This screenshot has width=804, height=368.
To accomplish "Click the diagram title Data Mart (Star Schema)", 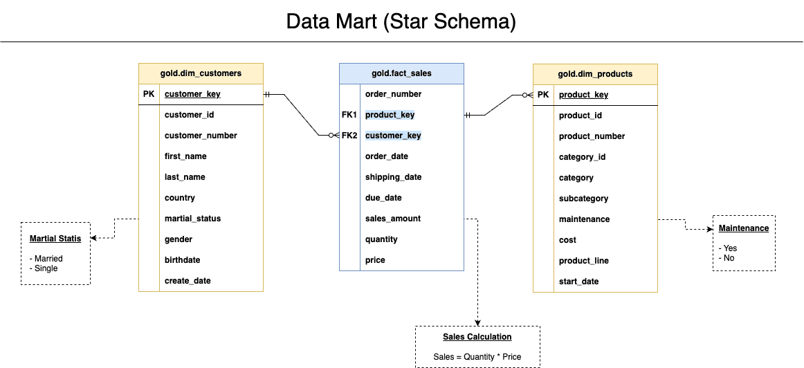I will pyautogui.click(x=401, y=21).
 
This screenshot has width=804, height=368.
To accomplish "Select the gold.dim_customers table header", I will pyautogui.click(x=201, y=73).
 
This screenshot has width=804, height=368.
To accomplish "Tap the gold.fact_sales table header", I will pyautogui.click(x=401, y=73).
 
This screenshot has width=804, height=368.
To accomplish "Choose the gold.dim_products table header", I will pyautogui.click(x=595, y=74).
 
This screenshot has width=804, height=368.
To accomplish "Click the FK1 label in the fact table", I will pyautogui.click(x=349, y=115).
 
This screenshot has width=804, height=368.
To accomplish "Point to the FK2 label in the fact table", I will pyautogui.click(x=349, y=136).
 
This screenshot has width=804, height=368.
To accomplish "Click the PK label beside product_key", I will pyautogui.click(x=543, y=95).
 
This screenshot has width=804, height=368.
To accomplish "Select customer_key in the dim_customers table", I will pyautogui.click(x=192, y=94).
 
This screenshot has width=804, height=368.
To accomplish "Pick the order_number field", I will pyautogui.click(x=393, y=94).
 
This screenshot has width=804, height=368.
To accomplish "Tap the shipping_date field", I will pyautogui.click(x=393, y=177).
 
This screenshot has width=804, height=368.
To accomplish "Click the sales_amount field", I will pyautogui.click(x=392, y=219).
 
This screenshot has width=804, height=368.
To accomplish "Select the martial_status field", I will pyautogui.click(x=192, y=219).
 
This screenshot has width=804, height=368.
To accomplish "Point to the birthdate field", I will pyautogui.click(x=183, y=260).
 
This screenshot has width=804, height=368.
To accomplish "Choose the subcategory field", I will pyautogui.click(x=583, y=199).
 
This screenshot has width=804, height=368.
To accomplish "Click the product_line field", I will pyautogui.click(x=583, y=261).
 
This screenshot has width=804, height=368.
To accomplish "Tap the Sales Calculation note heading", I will pyautogui.click(x=477, y=337).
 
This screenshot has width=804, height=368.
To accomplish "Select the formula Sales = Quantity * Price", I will pyautogui.click(x=477, y=357).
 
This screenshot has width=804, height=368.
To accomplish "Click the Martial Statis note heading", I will pyautogui.click(x=55, y=239).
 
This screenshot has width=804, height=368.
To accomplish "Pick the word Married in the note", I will pyautogui.click(x=48, y=259).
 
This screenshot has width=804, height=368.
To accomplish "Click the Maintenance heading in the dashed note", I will pyautogui.click(x=743, y=228).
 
